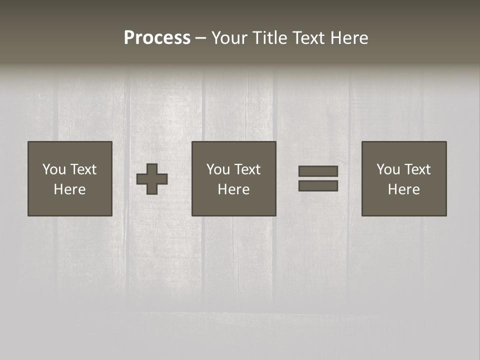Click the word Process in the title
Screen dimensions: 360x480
click(157, 38)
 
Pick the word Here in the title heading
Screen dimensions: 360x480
click(349, 38)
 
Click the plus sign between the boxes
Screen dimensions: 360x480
click(152, 179)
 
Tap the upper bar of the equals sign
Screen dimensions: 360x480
click(318, 171)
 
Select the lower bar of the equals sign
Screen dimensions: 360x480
click(318, 186)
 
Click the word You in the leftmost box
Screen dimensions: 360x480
click(54, 169)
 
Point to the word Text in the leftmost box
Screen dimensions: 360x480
click(83, 169)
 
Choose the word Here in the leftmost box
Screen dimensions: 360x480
click(69, 189)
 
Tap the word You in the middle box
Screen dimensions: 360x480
click(218, 169)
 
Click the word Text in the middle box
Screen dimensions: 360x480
click(247, 169)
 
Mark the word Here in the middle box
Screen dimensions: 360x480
click(233, 189)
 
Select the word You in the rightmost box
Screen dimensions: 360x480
click(388, 169)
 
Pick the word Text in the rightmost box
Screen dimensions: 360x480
click(417, 169)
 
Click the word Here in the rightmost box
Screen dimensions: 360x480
click(403, 189)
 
